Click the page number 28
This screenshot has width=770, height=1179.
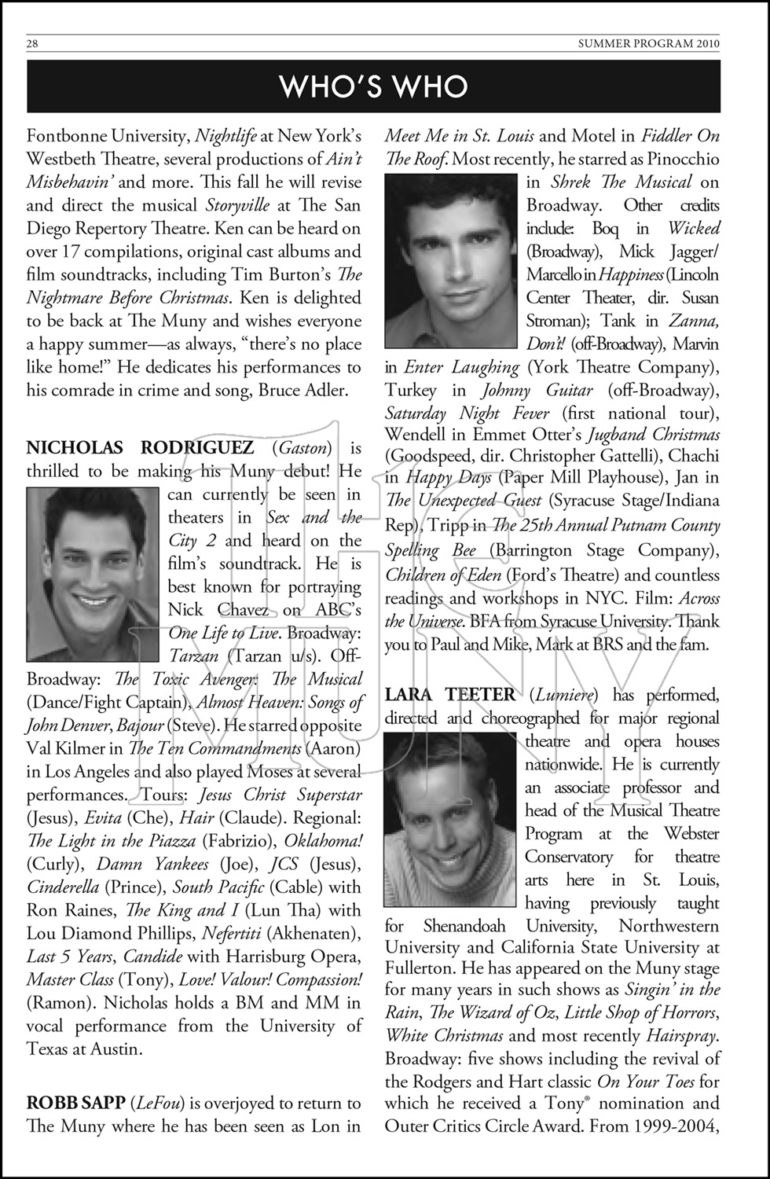pos(32,44)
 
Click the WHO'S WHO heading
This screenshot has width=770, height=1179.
pos(374,86)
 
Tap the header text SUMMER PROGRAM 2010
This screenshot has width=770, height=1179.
pos(648,44)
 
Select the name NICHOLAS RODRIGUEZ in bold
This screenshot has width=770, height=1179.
pos(140,448)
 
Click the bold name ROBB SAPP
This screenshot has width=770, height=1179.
pos(75,1103)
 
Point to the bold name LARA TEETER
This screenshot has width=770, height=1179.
pos(450,695)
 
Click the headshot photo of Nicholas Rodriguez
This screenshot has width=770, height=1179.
pos(93,575)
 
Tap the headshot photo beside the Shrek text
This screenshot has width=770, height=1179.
pos(452,261)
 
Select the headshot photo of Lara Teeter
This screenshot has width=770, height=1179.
pos(451,820)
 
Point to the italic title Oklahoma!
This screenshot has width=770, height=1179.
pos(323,840)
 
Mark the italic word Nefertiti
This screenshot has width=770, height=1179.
pos(231,934)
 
